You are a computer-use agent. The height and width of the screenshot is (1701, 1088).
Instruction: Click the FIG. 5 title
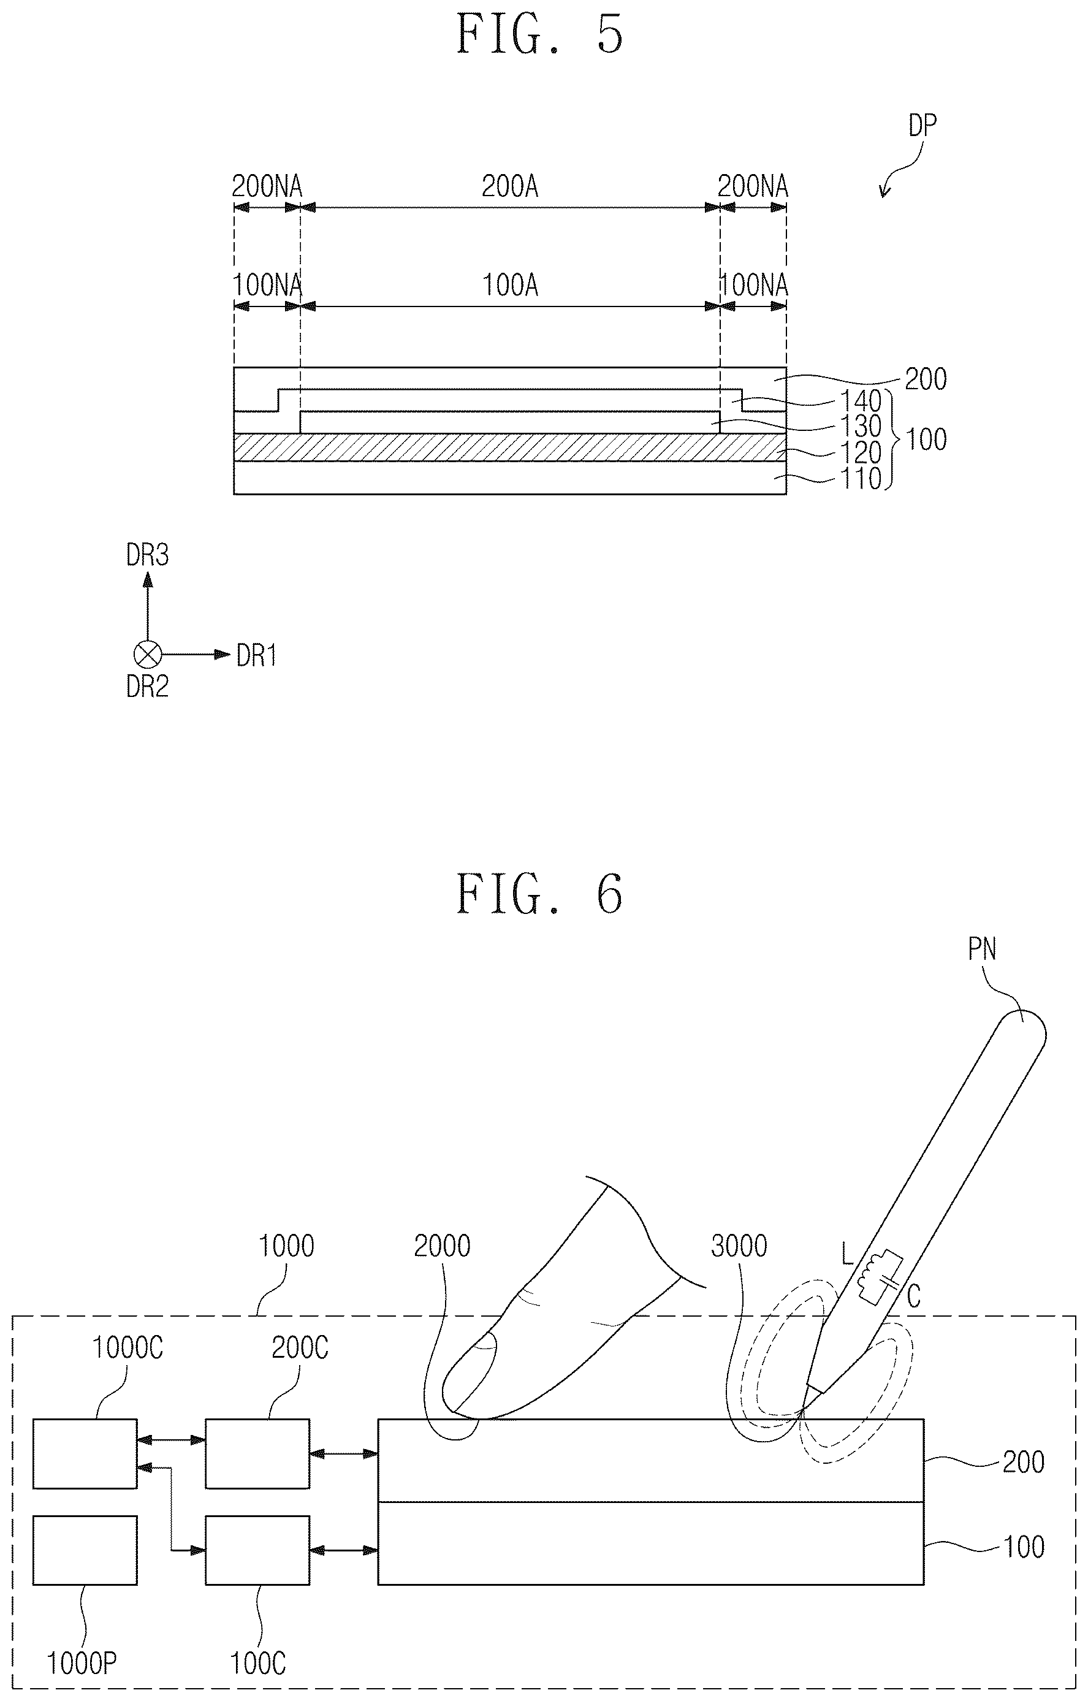541,33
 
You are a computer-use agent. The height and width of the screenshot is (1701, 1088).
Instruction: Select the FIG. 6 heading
541,894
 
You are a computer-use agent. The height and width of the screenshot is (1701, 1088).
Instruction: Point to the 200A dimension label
510,186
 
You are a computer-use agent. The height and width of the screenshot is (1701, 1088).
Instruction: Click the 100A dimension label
510,286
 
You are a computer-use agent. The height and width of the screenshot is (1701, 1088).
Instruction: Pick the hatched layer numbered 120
509,447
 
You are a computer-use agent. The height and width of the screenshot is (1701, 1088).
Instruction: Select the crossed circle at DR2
148,655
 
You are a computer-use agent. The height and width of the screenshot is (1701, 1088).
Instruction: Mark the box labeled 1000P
85,1551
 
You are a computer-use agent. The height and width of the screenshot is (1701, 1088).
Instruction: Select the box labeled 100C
258,1551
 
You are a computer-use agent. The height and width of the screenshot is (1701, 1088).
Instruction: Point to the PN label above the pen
982,949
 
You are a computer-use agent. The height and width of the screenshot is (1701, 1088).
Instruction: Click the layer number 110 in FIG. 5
861,479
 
